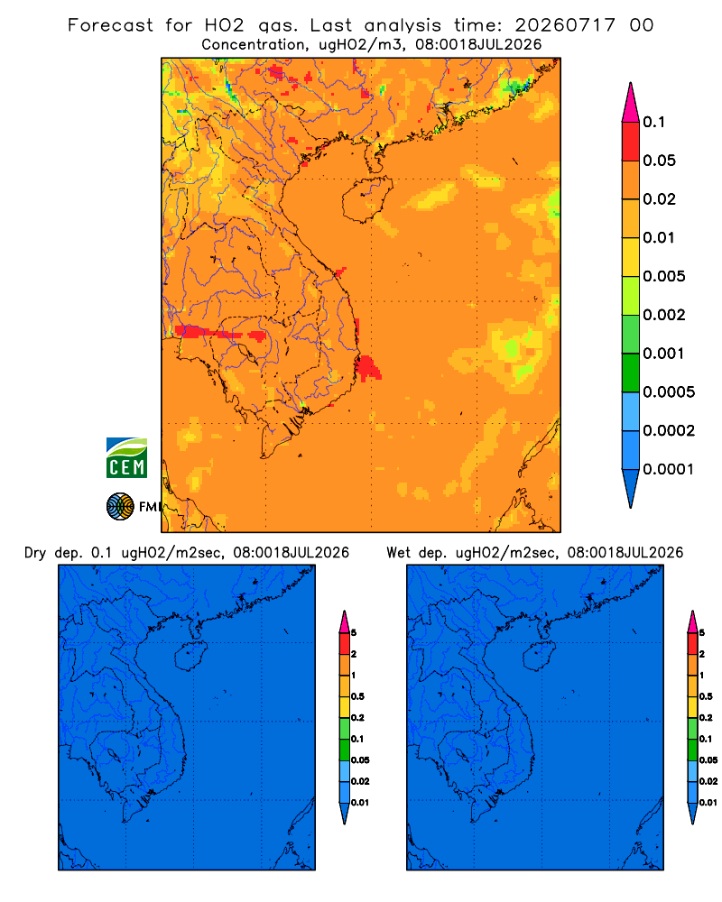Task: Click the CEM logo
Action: click(x=126, y=457)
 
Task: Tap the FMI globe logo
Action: click(x=120, y=507)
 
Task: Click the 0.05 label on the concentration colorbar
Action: click(x=659, y=161)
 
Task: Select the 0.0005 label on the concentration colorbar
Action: click(x=669, y=392)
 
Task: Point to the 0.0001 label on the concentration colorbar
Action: click(x=668, y=469)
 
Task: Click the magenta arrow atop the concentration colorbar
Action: click(x=631, y=103)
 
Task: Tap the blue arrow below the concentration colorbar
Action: click(x=631, y=489)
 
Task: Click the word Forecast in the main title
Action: click(x=110, y=25)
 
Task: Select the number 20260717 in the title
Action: click(x=565, y=25)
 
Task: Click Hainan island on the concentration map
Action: click(x=367, y=199)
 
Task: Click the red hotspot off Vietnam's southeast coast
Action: click(x=368, y=368)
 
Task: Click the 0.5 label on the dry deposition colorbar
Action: click(x=357, y=696)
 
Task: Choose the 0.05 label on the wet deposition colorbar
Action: click(x=708, y=759)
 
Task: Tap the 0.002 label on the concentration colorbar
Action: click(x=664, y=315)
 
